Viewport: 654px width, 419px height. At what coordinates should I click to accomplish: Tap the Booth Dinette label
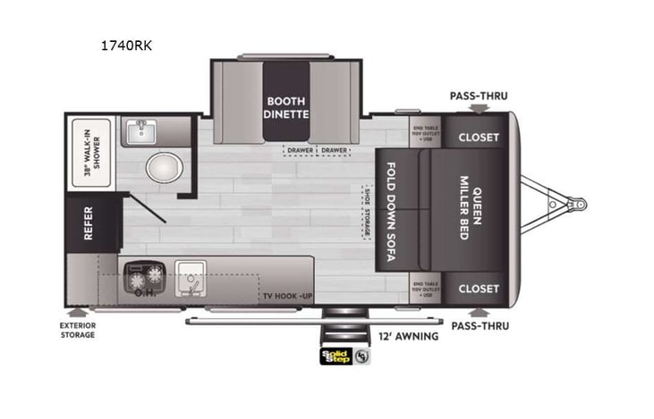click(x=285, y=108)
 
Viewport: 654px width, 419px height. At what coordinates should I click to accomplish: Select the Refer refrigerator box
click(x=89, y=224)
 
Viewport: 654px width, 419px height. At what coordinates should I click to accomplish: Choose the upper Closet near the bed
click(x=479, y=138)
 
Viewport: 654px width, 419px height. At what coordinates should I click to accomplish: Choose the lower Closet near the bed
click(x=479, y=289)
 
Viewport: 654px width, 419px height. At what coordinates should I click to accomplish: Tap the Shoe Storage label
click(x=366, y=212)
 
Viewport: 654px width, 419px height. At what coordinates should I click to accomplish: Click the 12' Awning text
click(x=409, y=337)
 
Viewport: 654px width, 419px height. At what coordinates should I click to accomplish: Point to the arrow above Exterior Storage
click(x=80, y=313)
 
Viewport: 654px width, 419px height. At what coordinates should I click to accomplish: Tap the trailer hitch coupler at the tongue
click(x=578, y=205)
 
